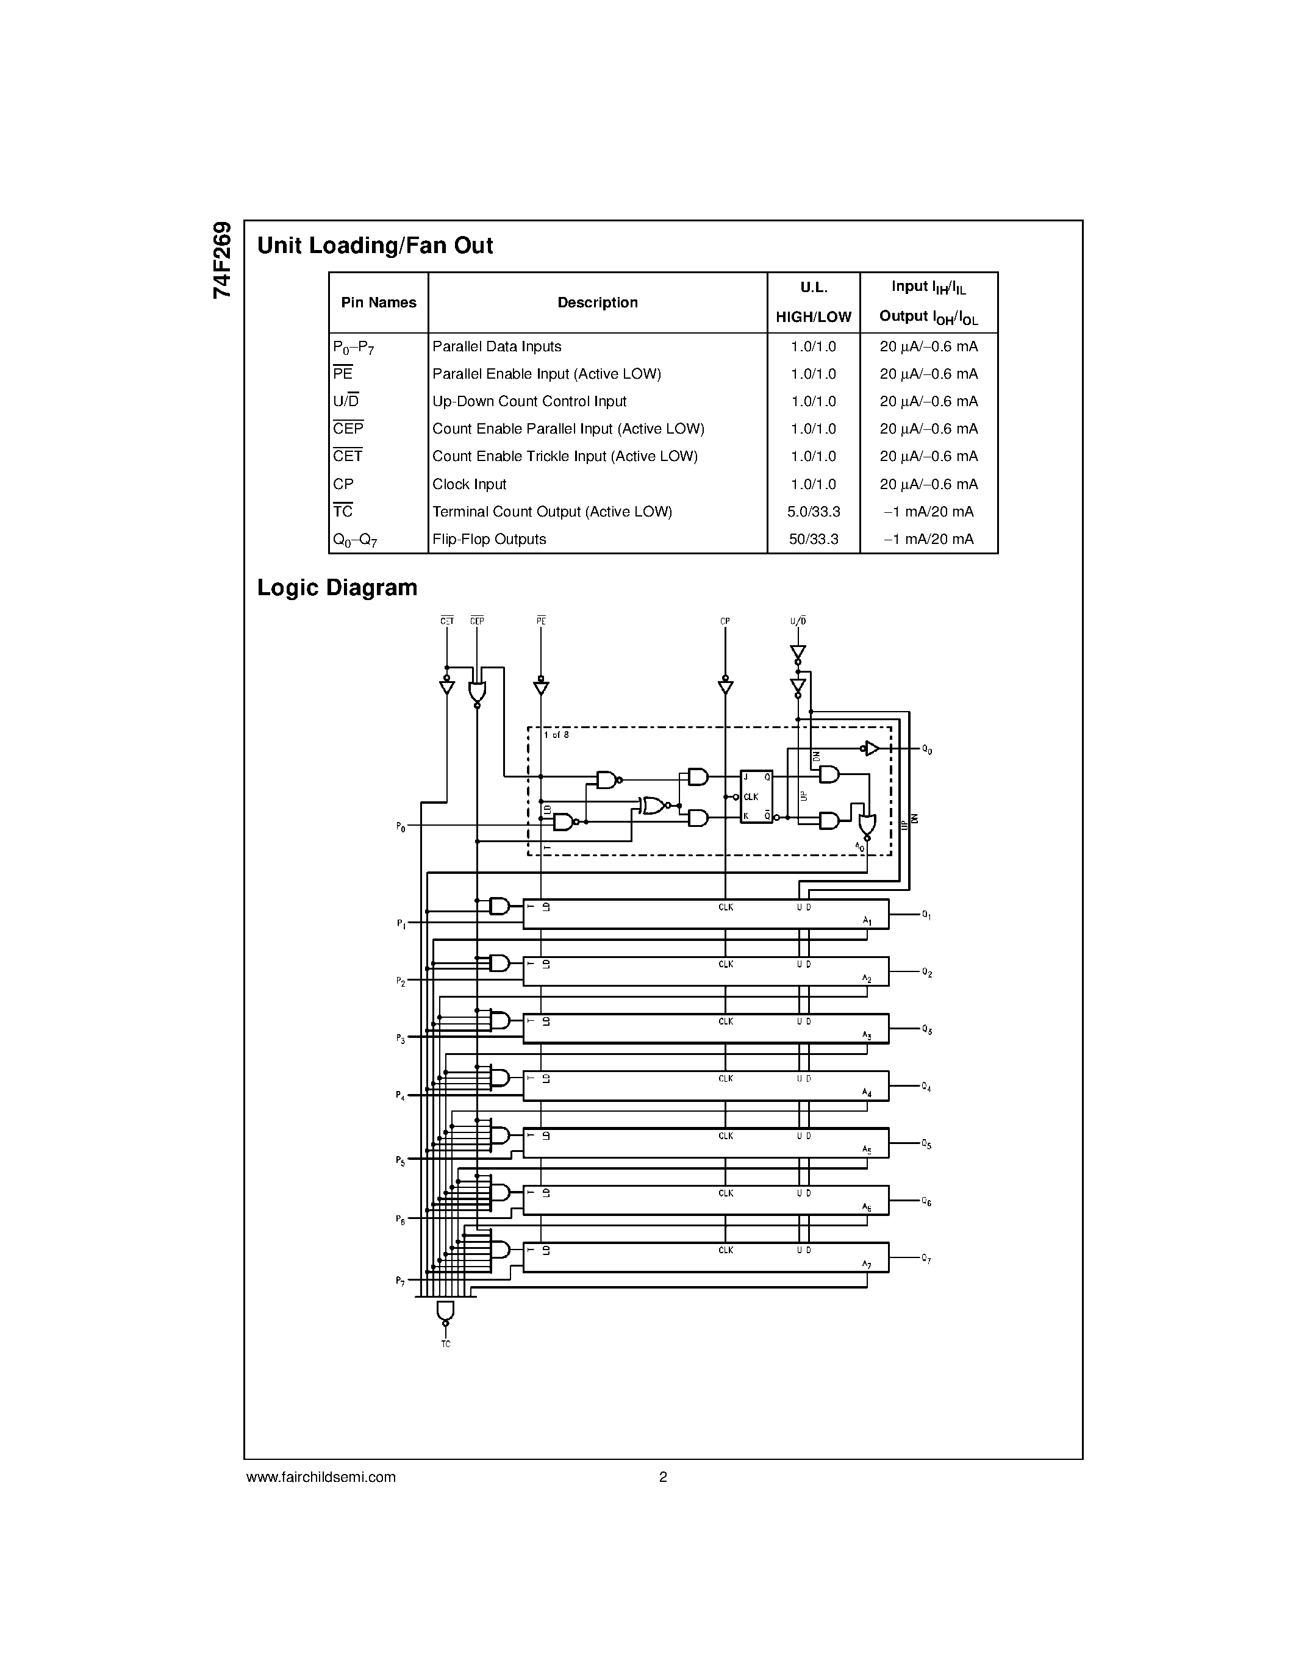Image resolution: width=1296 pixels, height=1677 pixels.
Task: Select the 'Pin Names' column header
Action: [379, 302]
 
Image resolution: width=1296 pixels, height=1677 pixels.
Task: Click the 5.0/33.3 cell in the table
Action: [813, 512]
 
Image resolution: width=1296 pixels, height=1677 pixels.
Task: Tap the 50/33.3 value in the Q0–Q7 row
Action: [813, 539]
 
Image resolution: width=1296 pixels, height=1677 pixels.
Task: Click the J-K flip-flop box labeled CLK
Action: [756, 796]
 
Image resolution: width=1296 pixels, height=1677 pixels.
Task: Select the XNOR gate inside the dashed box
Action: [654, 805]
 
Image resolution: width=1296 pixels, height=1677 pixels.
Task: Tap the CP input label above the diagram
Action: [725, 620]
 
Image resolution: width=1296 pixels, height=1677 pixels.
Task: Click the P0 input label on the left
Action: [401, 827]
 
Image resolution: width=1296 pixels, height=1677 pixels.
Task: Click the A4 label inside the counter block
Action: [867, 1092]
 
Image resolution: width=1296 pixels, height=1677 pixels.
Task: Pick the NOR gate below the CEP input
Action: [477, 693]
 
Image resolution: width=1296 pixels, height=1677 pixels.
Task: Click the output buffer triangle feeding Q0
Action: [872, 748]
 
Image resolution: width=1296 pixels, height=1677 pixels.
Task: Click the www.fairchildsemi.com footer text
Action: [321, 1476]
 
